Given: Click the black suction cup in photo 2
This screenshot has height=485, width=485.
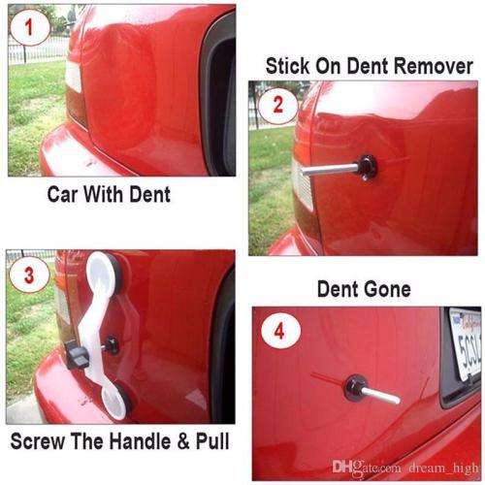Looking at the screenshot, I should click(370, 165).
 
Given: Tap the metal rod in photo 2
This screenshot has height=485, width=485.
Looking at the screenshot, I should click(331, 168).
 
